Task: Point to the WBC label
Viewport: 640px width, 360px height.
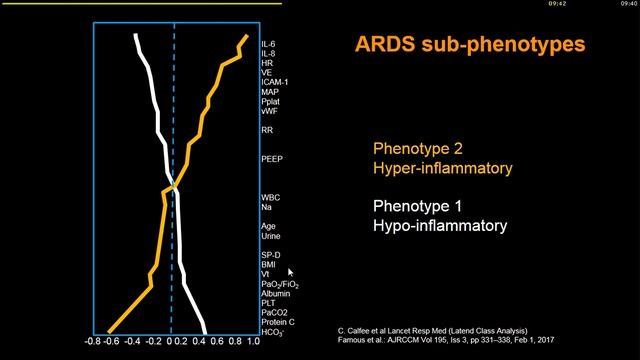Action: pyautogui.click(x=271, y=198)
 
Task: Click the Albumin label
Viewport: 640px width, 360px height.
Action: pyautogui.click(x=275, y=293)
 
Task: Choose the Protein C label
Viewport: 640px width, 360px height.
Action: pyautogui.click(x=279, y=322)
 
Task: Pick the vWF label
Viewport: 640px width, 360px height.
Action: pyautogui.click(x=270, y=111)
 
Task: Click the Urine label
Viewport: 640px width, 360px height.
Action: pyautogui.click(x=271, y=236)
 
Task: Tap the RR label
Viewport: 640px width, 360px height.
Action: pyautogui.click(x=267, y=130)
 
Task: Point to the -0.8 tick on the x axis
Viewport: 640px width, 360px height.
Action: pyautogui.click(x=93, y=342)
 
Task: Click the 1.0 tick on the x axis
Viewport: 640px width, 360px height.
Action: pyautogui.click(x=252, y=342)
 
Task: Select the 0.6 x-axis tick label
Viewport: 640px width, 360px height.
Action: pyautogui.click(x=217, y=342)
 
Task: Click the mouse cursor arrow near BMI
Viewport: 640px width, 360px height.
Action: pyautogui.click(x=291, y=271)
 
